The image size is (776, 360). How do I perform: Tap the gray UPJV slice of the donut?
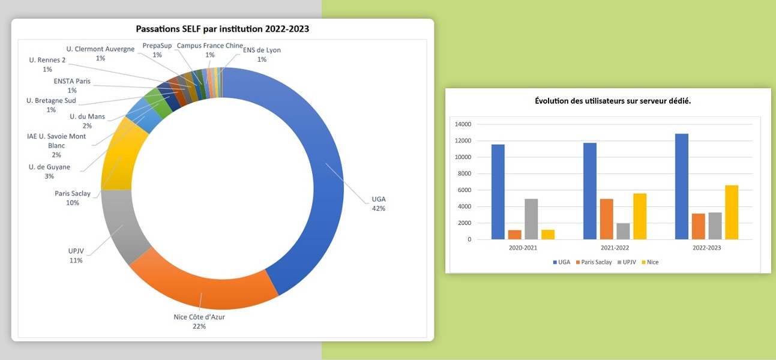coord(119,225)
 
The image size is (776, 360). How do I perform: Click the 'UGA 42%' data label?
coord(378,204)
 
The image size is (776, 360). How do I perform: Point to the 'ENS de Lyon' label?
coord(262,50)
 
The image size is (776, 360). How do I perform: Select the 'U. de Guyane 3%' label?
coord(49,172)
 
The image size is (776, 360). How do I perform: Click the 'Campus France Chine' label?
coord(209,46)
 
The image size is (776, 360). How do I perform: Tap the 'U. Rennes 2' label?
coord(47,60)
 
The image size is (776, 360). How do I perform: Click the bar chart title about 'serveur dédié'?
coord(613,101)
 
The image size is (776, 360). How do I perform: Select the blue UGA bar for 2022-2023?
coord(681,187)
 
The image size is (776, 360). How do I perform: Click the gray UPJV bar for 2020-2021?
coord(531,219)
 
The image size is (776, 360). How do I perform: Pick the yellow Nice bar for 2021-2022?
coord(640,216)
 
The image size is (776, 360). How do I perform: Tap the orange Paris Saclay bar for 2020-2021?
coord(514,235)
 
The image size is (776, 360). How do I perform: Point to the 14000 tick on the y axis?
coord(463,124)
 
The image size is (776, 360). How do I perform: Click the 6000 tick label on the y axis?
coord(464,190)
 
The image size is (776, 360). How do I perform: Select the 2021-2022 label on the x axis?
coord(615,248)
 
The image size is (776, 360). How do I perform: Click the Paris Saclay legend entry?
coord(594,262)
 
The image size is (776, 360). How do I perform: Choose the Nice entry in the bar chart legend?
coord(650,262)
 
